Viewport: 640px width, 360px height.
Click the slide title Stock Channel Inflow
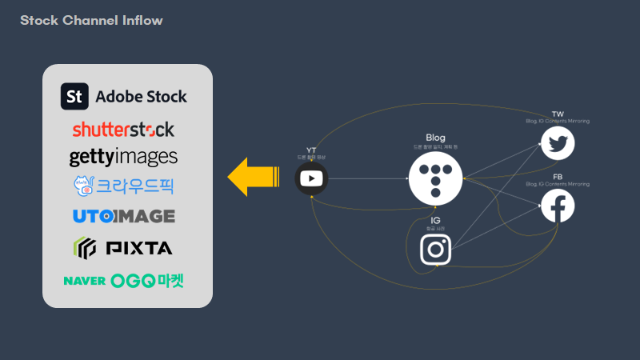coord(91,20)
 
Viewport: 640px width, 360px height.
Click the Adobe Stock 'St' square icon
coord(74,97)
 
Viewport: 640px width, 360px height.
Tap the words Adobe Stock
coord(141,97)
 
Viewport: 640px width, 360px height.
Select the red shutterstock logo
coord(123,129)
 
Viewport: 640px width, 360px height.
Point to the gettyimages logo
coord(123,156)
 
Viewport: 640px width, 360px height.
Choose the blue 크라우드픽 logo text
coord(135,186)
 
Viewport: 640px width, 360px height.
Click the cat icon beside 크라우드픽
coord(83,185)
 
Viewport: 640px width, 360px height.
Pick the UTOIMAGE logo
coord(123,216)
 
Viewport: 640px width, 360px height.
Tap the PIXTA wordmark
coord(140,248)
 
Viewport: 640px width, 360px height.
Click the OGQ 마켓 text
coord(150,281)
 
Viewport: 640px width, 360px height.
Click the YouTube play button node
coord(311,178)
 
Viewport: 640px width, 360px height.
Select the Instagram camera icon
coord(436,249)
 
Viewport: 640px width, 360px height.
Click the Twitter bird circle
coord(558,144)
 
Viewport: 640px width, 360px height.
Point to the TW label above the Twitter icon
coord(558,114)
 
